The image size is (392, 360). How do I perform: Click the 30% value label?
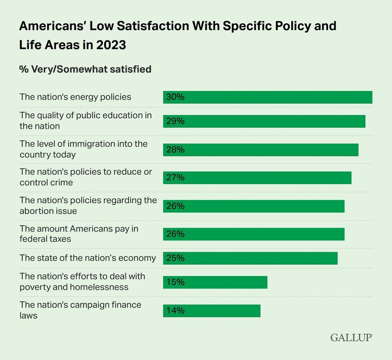175,97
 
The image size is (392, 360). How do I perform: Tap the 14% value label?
175,310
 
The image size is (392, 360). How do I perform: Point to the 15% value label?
175,282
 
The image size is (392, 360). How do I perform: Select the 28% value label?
175,149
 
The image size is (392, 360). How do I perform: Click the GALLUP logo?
351,338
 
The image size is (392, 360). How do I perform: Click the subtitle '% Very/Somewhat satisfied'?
85,69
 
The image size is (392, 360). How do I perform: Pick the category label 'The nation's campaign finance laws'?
80,310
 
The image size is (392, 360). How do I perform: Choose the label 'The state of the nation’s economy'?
88,258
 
